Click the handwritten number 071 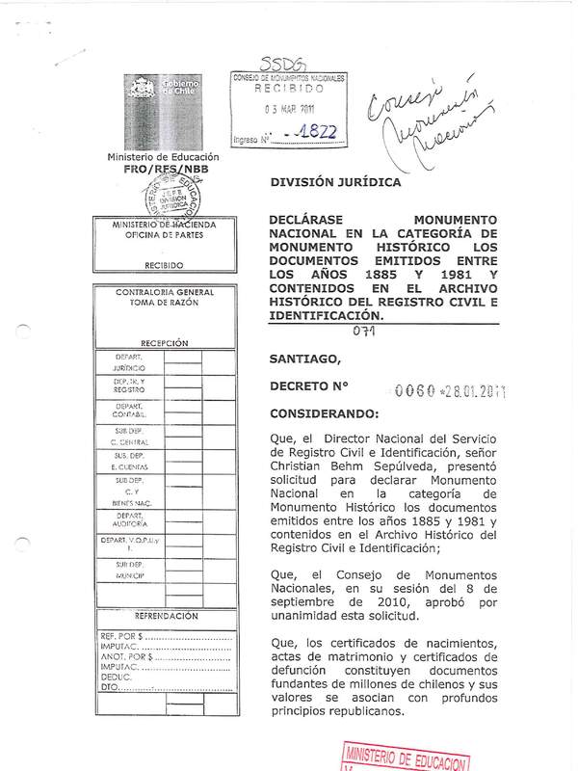pyautogui.click(x=361, y=331)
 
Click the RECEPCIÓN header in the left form pyautogui.click(x=164, y=342)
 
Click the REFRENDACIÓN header pyautogui.click(x=166, y=616)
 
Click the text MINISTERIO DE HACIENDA pyautogui.click(x=164, y=225)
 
